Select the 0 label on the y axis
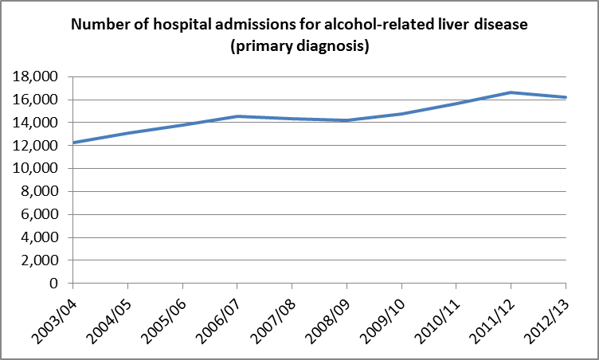[55, 284]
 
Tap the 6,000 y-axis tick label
[41, 215]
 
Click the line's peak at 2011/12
[511, 92]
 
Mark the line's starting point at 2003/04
[72, 143]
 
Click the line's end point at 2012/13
[566, 97]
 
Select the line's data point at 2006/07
[237, 116]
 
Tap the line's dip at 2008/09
[346, 120]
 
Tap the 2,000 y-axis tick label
[41, 260]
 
